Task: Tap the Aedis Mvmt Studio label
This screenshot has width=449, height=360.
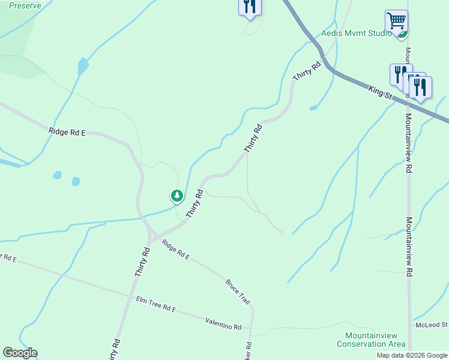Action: (x=356, y=34)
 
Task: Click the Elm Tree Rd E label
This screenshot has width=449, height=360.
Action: (x=155, y=304)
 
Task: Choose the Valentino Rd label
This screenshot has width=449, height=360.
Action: (x=223, y=324)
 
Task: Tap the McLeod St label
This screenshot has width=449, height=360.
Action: (x=432, y=325)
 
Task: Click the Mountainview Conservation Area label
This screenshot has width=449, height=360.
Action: (x=370, y=340)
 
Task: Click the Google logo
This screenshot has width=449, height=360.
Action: (x=20, y=353)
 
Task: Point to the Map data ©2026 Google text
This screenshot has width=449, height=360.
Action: (x=412, y=355)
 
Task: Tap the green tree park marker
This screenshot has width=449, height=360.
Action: (x=176, y=196)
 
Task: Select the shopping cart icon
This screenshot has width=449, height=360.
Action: (x=396, y=22)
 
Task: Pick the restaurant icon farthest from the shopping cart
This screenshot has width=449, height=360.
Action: (x=249, y=7)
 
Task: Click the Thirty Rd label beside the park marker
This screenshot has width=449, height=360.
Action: (x=194, y=204)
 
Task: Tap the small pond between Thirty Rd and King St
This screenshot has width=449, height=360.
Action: (x=313, y=108)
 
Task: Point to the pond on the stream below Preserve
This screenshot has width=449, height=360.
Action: (x=83, y=65)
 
